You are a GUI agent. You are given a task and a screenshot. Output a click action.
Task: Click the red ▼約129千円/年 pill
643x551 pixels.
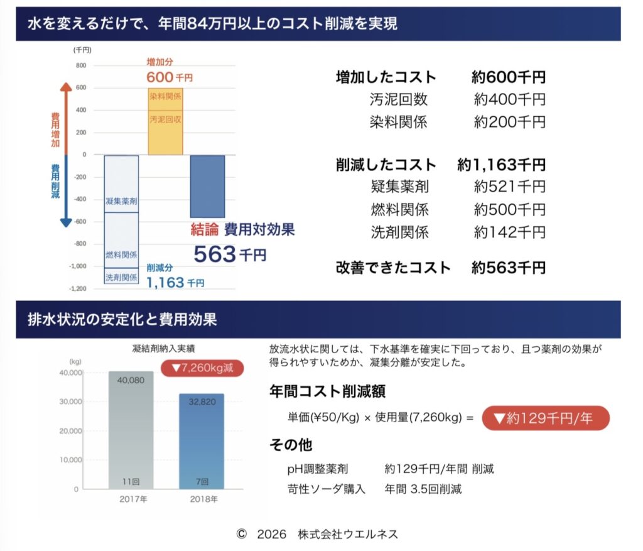(545, 417)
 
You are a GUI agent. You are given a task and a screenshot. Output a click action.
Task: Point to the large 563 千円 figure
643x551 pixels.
(229, 254)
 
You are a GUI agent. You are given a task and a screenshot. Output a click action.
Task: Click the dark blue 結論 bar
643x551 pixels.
(207, 187)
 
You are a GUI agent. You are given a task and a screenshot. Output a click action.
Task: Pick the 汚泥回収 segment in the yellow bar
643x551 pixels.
(166, 132)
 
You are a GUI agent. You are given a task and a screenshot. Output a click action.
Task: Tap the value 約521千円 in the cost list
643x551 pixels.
(509, 187)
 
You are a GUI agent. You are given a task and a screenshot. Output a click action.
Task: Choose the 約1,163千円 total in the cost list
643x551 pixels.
(501, 165)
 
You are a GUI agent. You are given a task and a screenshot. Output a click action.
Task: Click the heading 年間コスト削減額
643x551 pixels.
(327, 391)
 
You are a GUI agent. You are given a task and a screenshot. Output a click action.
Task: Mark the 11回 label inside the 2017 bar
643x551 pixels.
(130, 481)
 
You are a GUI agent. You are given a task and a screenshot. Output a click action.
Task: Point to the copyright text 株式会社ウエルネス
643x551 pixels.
(348, 534)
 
